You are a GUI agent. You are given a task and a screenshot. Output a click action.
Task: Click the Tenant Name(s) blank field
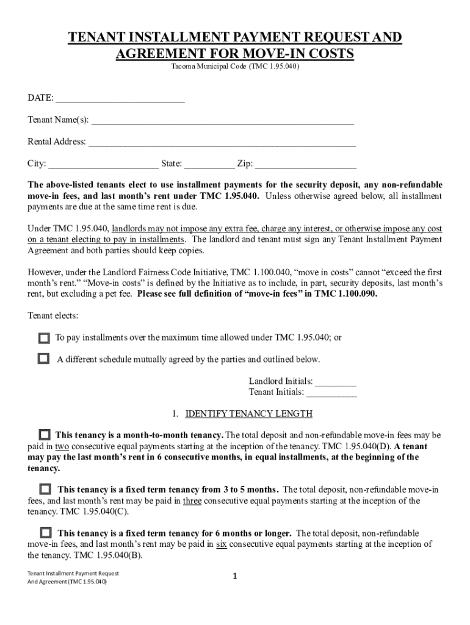(x=222, y=121)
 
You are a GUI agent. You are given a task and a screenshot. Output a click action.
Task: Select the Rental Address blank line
(x=222, y=143)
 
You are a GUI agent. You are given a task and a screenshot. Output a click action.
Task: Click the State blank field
(x=209, y=164)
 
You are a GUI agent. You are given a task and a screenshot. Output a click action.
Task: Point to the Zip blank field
(x=305, y=164)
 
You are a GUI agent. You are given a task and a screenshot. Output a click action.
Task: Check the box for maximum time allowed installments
(x=44, y=338)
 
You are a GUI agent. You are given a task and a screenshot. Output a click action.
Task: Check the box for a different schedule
(x=44, y=359)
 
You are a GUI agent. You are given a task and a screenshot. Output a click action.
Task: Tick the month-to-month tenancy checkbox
(x=45, y=435)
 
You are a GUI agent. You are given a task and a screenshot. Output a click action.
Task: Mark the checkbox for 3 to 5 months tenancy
(x=45, y=490)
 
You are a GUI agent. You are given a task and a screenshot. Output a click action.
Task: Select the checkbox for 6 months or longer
(x=45, y=533)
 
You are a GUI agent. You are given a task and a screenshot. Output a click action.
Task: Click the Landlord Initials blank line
(x=336, y=383)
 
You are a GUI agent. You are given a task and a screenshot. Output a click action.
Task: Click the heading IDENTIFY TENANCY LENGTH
(x=248, y=414)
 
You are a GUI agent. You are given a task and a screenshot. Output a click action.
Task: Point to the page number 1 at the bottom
(x=235, y=577)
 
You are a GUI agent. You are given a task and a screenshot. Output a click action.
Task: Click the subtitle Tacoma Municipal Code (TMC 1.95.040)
(x=235, y=67)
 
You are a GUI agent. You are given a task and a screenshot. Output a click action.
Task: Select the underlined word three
(x=192, y=501)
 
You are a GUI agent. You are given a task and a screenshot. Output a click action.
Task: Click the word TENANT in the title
(x=95, y=38)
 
